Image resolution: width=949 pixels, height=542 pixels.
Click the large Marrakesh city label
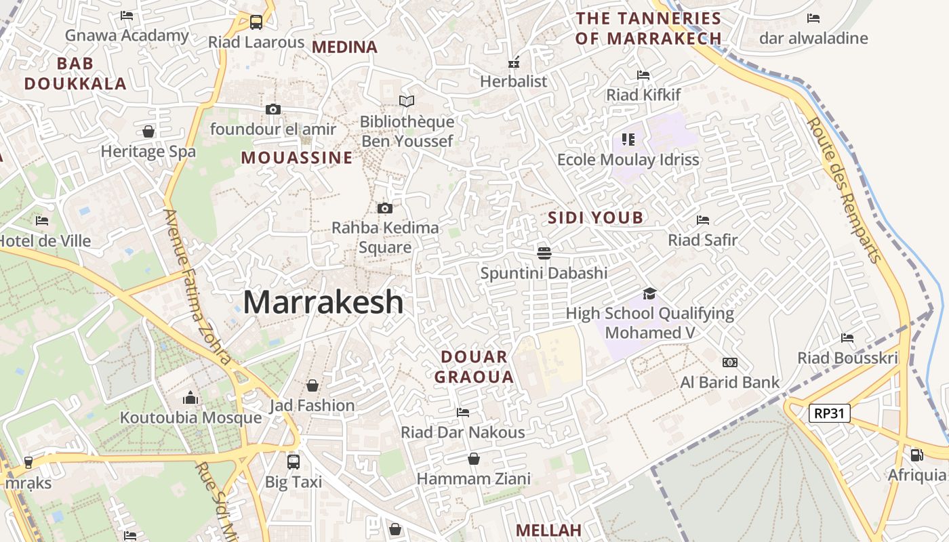click(x=323, y=302)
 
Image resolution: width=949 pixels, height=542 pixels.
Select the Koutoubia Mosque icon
click(x=190, y=397)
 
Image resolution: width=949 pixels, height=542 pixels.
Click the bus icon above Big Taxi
click(x=294, y=461)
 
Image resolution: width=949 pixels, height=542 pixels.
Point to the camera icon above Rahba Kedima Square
click(x=384, y=208)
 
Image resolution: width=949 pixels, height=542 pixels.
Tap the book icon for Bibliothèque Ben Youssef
click(x=407, y=102)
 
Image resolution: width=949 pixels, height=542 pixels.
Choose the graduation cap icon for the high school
click(x=649, y=293)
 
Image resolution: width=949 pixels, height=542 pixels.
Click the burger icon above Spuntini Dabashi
click(x=544, y=253)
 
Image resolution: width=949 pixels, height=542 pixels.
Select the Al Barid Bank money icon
click(x=730, y=362)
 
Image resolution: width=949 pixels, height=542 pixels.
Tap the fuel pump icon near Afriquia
click(x=916, y=455)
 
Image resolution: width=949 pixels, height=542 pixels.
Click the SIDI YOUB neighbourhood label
click(x=595, y=218)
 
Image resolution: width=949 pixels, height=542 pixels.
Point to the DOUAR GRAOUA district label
click(x=474, y=367)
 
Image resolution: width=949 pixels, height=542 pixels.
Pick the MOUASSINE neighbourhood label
click(x=297, y=158)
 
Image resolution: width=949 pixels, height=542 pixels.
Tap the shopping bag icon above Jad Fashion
click(x=312, y=385)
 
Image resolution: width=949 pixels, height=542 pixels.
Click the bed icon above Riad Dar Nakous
click(x=463, y=412)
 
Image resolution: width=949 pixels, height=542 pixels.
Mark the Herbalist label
click(x=513, y=81)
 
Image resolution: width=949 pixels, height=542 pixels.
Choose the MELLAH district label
click(x=548, y=530)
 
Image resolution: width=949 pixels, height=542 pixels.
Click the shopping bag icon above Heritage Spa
click(x=148, y=131)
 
